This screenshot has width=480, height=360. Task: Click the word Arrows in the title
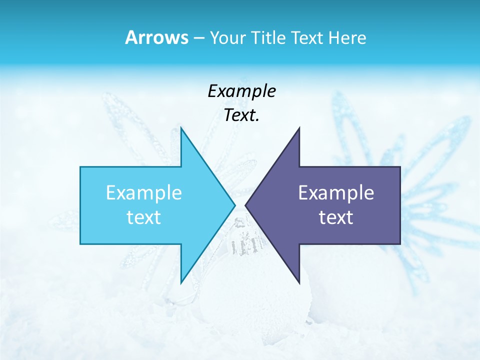click(156, 37)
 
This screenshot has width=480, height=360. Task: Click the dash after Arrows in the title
click(198, 38)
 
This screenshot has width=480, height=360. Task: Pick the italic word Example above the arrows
click(242, 91)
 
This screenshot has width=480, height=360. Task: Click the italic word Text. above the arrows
click(242, 115)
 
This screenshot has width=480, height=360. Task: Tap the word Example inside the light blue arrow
click(144, 192)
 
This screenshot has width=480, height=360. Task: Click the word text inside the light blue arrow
click(144, 217)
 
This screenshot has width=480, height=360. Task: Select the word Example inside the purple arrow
click(336, 192)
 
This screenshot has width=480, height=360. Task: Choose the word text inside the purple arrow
click(336, 217)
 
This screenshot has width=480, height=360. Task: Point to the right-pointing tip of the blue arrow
click(234, 205)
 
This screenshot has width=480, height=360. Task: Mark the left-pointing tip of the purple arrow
click(246, 205)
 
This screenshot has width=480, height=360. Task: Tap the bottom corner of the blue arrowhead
click(181, 282)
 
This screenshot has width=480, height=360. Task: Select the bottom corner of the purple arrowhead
click(299, 282)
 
